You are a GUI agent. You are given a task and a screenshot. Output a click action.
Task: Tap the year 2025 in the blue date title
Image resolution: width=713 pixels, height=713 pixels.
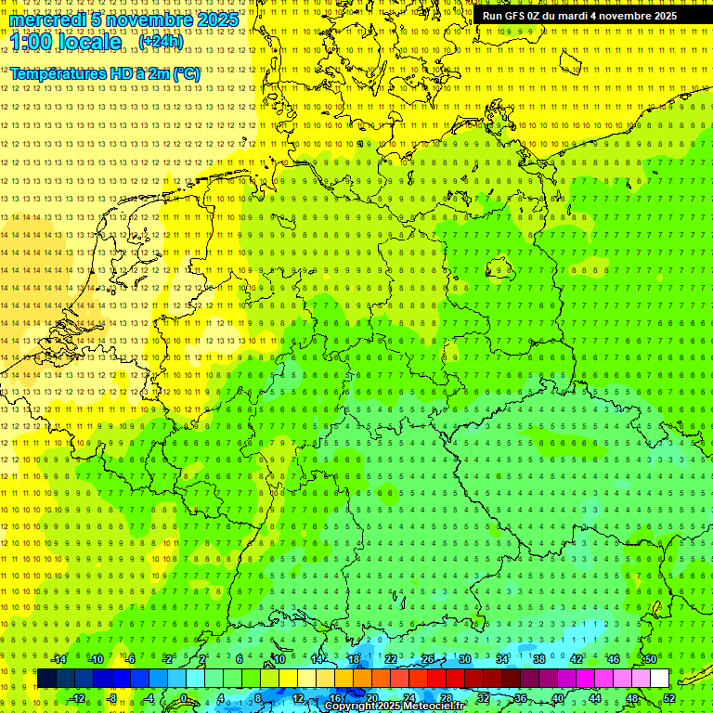[x=217, y=19]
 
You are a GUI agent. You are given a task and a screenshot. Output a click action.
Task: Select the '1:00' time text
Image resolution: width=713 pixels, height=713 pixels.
[x=32, y=42]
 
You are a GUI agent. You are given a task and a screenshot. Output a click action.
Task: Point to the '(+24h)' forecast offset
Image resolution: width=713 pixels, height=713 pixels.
[x=161, y=41]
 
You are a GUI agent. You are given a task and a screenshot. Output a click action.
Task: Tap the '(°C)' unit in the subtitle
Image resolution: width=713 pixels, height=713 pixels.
[x=184, y=73]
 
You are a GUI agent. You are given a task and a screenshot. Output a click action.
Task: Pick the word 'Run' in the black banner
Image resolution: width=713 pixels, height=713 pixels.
[x=492, y=16]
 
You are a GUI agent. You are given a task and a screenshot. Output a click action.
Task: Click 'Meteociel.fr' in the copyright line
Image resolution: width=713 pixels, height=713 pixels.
[x=434, y=707]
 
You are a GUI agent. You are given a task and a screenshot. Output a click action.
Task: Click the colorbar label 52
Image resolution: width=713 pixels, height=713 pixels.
[x=669, y=698]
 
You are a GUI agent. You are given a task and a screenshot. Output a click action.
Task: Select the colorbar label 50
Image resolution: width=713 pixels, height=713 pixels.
[x=651, y=659]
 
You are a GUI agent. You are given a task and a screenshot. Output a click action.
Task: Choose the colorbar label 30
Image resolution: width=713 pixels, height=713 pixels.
[x=465, y=659]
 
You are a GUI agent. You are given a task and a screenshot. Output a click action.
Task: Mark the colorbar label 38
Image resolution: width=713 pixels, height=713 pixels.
[x=539, y=659]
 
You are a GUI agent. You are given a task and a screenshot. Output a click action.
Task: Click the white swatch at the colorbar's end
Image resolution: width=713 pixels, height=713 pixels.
[x=659, y=678]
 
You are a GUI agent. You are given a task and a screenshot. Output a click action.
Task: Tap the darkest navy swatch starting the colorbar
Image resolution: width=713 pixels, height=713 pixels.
[x=46, y=678]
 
